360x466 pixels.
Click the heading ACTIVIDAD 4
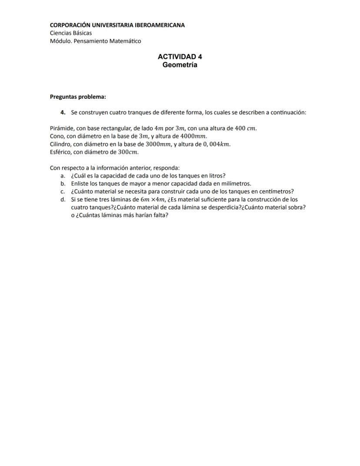click(180, 57)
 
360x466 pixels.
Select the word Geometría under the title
click(180, 65)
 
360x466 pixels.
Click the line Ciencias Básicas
click(71, 33)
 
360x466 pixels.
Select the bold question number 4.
click(63, 112)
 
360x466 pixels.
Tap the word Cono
click(57, 136)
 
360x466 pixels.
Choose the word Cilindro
click(60, 144)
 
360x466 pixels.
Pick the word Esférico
click(60, 152)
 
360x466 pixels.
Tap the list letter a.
click(63, 176)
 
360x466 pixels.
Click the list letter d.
click(63, 199)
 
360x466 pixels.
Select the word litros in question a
click(217, 176)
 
